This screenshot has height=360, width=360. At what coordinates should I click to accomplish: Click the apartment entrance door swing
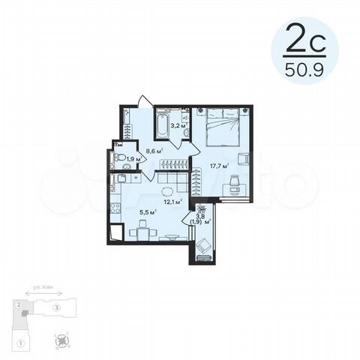click(x=146, y=101)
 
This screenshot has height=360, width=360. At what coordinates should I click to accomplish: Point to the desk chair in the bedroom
click(x=233, y=181)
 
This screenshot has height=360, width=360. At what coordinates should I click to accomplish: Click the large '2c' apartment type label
click(x=304, y=37)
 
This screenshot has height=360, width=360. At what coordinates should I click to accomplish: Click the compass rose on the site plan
click(x=62, y=342)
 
